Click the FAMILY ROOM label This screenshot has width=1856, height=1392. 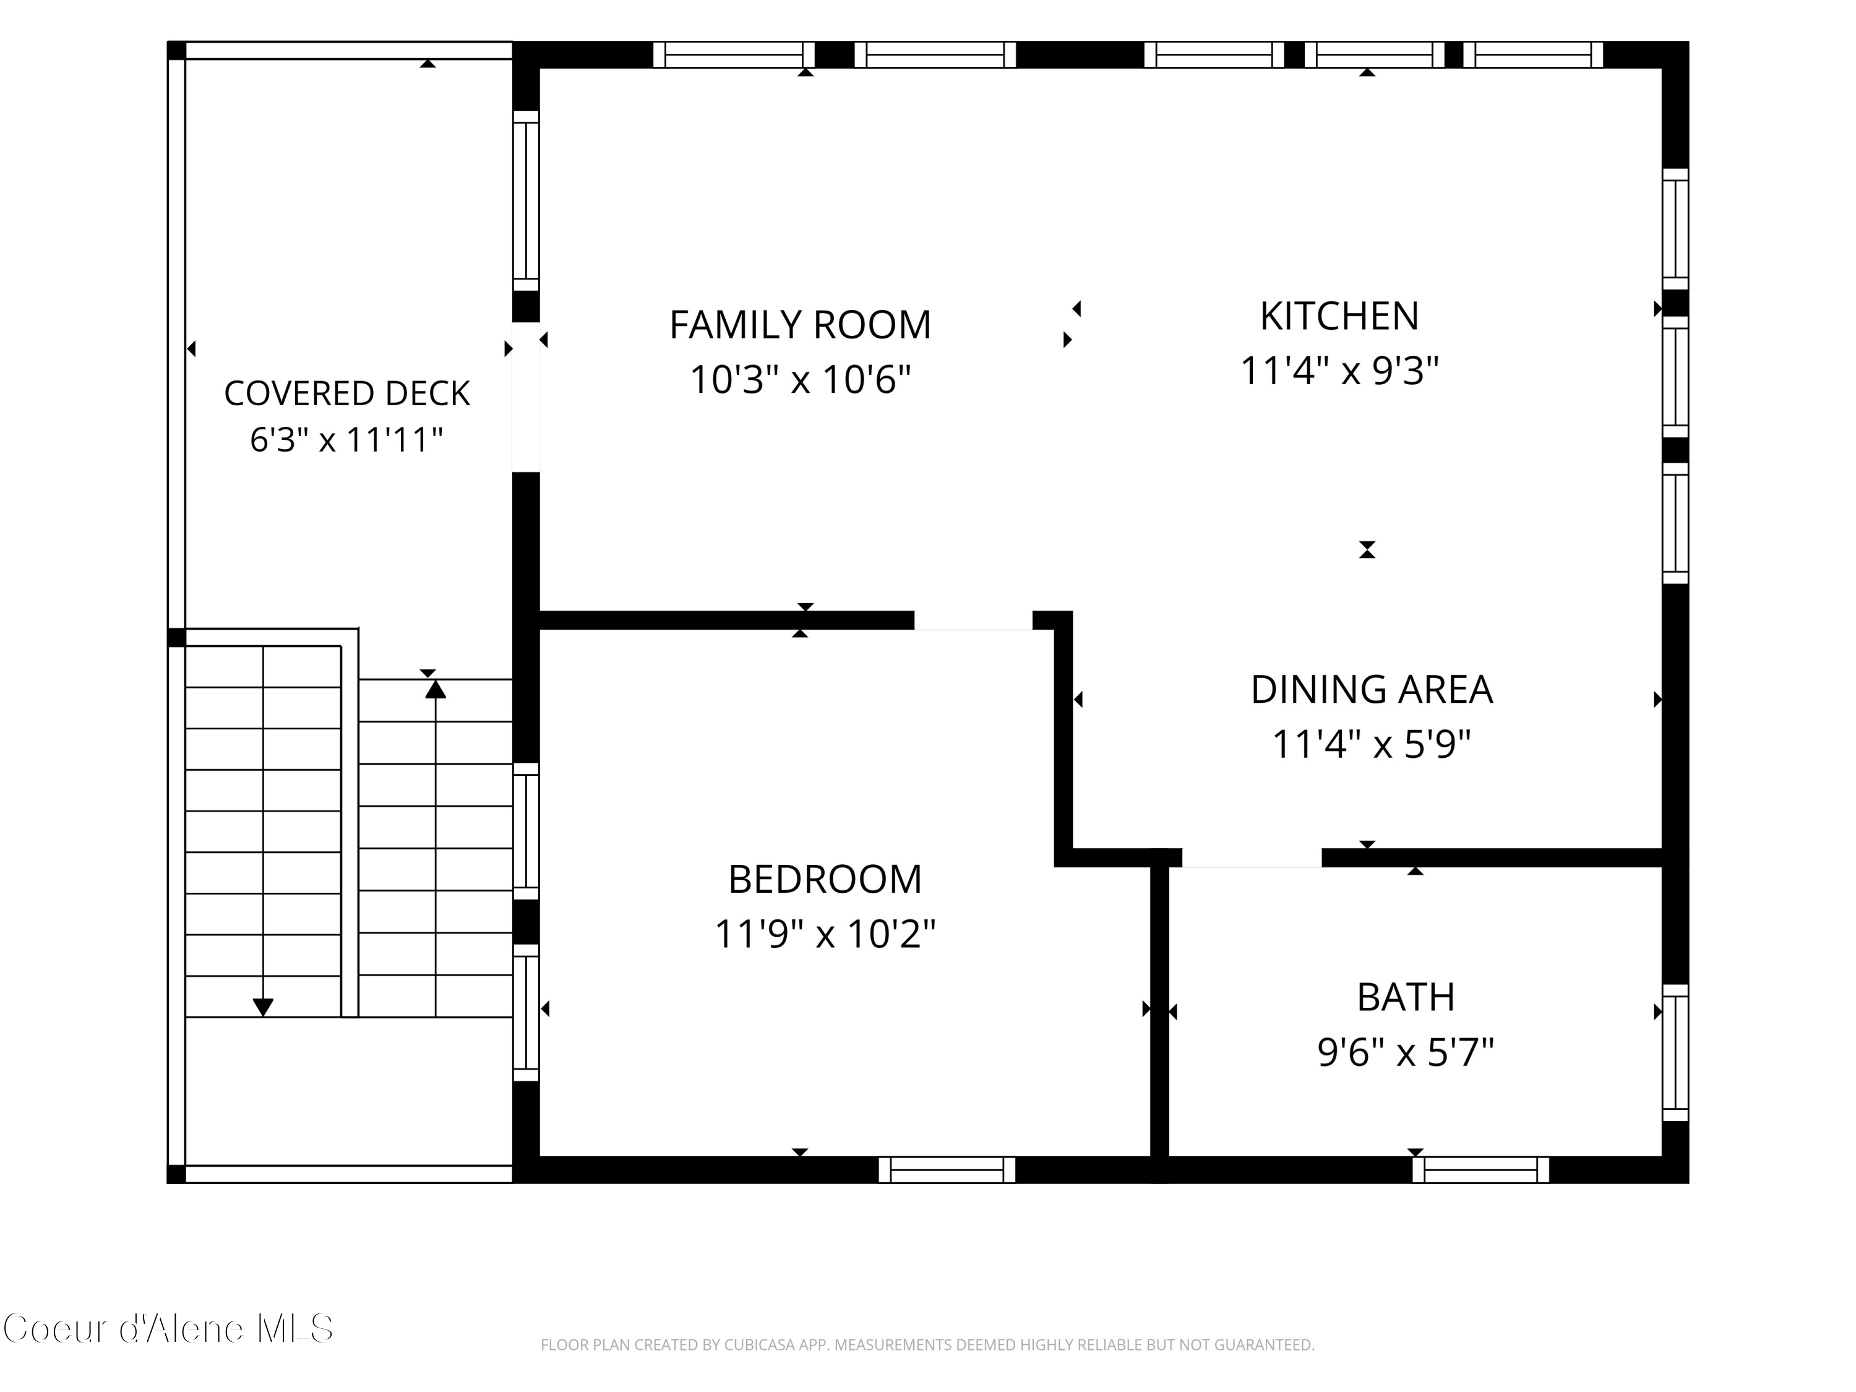click(x=799, y=325)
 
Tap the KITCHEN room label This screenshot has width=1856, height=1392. click(x=1339, y=316)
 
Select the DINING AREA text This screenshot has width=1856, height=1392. click(x=1371, y=690)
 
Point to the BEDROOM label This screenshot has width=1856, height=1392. click(x=825, y=879)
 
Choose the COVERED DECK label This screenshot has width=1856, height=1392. click(x=346, y=393)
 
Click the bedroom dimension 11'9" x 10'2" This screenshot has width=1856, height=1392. click(x=825, y=934)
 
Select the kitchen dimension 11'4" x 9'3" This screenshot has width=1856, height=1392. click(x=1339, y=370)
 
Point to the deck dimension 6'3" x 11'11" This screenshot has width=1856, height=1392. click(x=346, y=440)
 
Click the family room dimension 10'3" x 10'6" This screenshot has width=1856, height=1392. click(x=799, y=379)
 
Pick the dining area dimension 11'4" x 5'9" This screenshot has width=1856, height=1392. click(x=1371, y=744)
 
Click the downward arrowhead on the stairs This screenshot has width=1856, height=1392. click(x=264, y=1007)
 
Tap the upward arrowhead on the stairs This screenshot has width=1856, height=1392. click(x=436, y=689)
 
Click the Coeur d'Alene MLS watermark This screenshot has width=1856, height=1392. click(x=168, y=1328)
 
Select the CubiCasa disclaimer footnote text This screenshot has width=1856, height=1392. click(x=927, y=1345)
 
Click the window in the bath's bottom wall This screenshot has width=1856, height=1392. click(x=1481, y=1170)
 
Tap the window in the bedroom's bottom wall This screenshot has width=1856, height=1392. click(x=947, y=1170)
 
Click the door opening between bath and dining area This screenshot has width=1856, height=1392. click(x=1252, y=857)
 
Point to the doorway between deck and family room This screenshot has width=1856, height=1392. click(x=526, y=398)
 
